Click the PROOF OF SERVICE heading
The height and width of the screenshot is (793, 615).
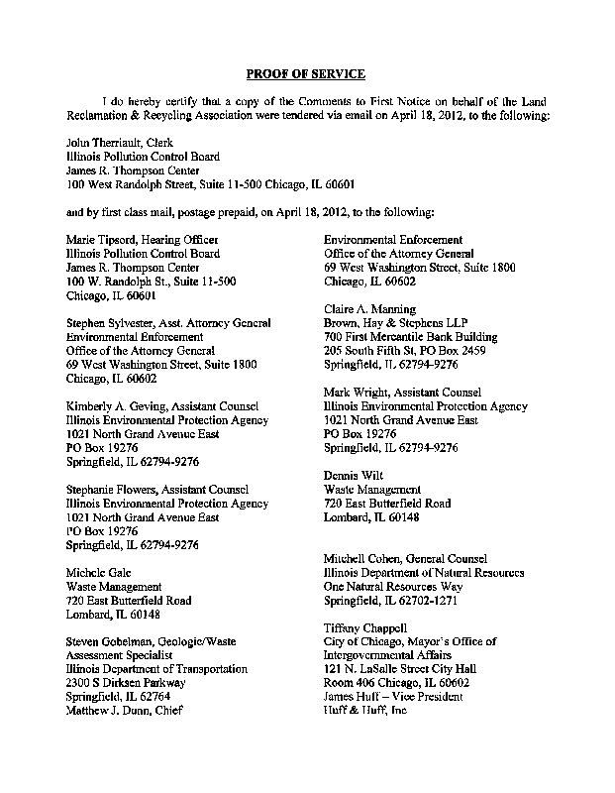(x=306, y=74)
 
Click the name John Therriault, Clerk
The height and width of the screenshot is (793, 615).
(x=119, y=143)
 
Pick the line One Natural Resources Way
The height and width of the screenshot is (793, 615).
(x=393, y=587)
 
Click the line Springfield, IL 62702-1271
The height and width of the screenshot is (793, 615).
(x=393, y=601)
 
